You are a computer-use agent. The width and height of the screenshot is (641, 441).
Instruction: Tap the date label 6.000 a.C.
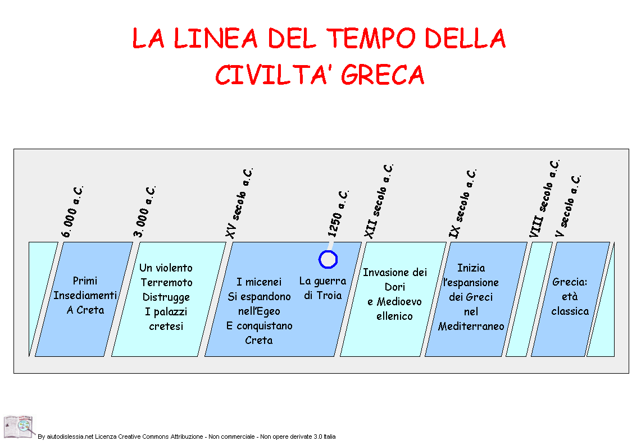[x=72, y=212]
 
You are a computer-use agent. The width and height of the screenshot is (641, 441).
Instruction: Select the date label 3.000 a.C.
[x=145, y=212]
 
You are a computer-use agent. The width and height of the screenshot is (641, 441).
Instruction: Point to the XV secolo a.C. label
[x=239, y=203]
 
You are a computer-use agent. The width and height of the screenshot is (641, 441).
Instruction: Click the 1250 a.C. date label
[x=338, y=213]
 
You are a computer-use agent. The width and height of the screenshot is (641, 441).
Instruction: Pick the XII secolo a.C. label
[x=379, y=201]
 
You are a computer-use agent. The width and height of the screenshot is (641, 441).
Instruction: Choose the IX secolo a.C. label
[x=463, y=203]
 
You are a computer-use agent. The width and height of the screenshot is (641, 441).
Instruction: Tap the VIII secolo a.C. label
[x=544, y=199]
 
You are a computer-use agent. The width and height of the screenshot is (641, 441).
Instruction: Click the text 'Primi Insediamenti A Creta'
[x=85, y=295]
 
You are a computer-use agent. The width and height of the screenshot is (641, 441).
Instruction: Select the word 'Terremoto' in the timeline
[x=166, y=283]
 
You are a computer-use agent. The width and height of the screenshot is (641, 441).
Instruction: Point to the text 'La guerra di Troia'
[x=322, y=288]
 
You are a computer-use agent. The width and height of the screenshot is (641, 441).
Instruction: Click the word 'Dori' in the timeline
[x=394, y=287]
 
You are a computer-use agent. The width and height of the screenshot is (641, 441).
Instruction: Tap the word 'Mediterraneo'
[x=471, y=326]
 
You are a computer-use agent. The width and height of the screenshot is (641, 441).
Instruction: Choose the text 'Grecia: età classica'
[x=570, y=296]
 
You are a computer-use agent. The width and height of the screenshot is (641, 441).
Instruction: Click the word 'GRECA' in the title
[x=383, y=75]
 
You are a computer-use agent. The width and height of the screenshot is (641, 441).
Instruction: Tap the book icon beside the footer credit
[x=19, y=427]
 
